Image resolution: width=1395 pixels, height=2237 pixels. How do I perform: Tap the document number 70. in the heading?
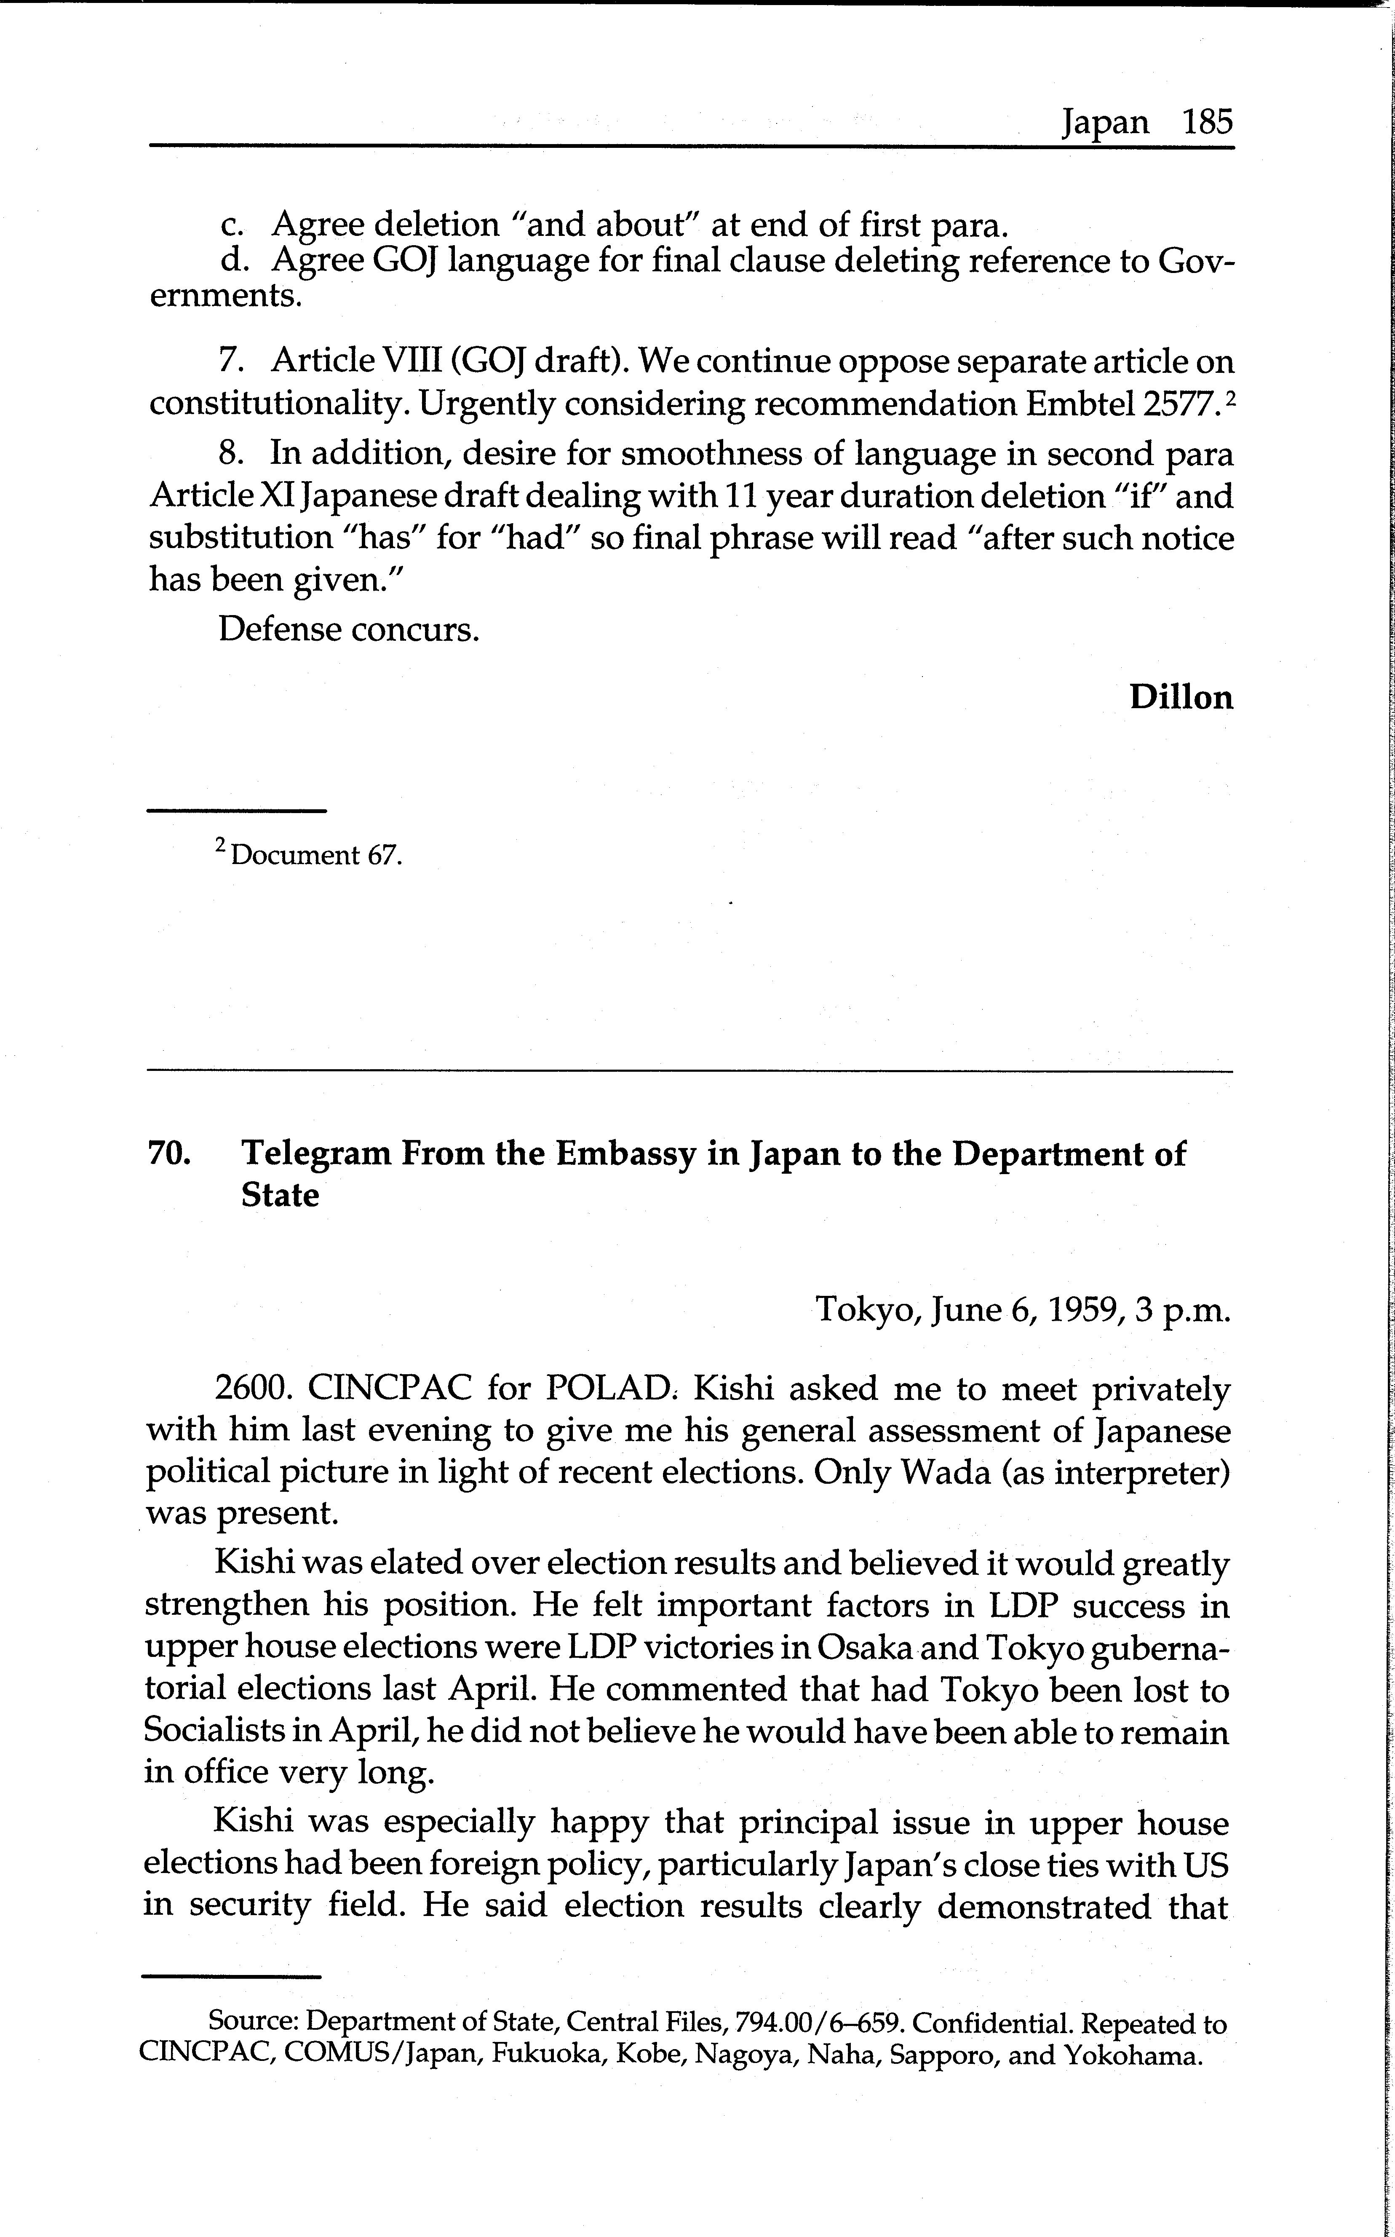pos(169,1153)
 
